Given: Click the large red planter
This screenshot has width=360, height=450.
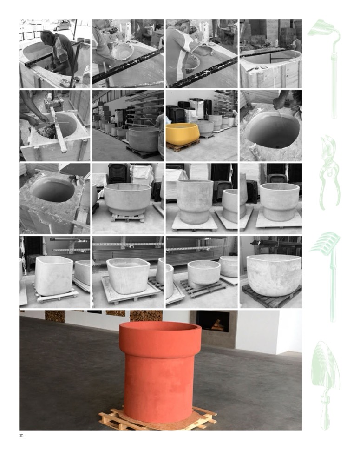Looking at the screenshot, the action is coord(159,370).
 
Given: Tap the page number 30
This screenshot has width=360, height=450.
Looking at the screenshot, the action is coord(21,436).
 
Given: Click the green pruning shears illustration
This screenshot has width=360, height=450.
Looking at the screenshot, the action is coord(330,172).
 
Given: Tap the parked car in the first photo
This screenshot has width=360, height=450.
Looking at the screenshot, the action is coord(62,25).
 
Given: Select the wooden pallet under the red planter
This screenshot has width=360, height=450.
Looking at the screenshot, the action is coord(158,417).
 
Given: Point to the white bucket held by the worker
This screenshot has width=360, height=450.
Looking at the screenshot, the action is coord(123,52).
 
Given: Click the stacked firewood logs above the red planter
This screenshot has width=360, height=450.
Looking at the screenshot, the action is coord(146,315).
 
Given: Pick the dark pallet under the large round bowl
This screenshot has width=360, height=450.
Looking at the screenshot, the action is coord(271,297).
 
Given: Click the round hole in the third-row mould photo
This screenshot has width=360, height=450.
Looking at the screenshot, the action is coord(53,189).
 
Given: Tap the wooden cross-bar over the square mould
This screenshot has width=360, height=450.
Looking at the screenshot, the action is coord(59,129).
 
